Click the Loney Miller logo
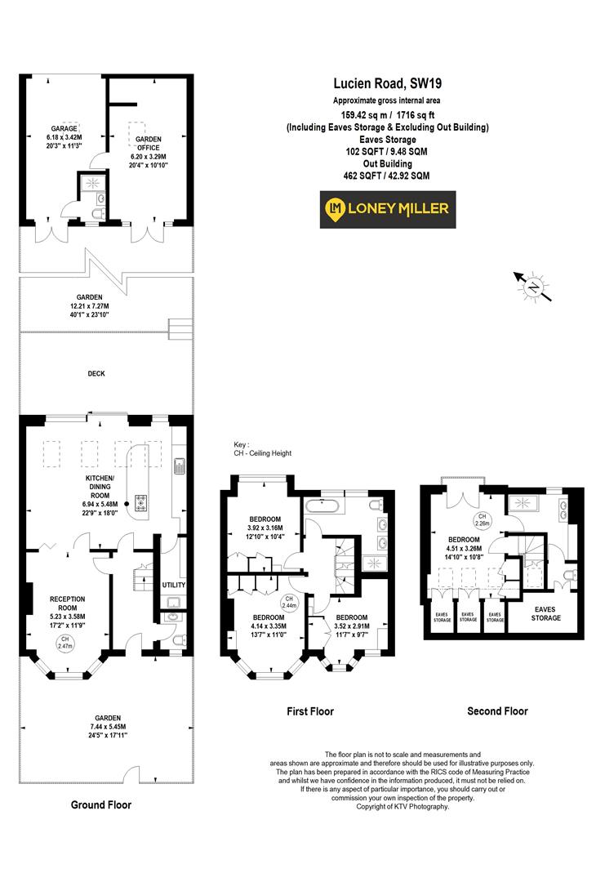(388, 209)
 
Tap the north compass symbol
(534, 287)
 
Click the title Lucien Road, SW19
(387, 83)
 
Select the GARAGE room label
(64, 128)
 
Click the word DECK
(97, 374)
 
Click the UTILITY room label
(174, 586)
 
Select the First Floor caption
(310, 711)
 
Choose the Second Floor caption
(497, 711)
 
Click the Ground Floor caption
(100, 804)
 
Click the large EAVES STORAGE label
(546, 613)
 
